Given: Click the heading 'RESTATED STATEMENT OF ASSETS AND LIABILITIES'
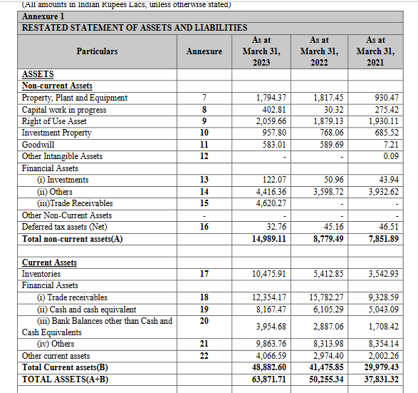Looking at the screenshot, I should tap(135, 27).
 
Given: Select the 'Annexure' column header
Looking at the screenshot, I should tap(204, 51).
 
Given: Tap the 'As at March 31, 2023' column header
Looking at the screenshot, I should tap(261, 51).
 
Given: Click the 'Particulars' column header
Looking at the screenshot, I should tap(98, 51).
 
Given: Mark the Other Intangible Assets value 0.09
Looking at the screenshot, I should tap(390, 156).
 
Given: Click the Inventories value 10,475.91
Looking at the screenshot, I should tap(268, 274).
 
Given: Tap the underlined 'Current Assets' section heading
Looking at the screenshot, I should tap(49, 262).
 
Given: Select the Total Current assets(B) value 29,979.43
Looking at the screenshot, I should tap(382, 367).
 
